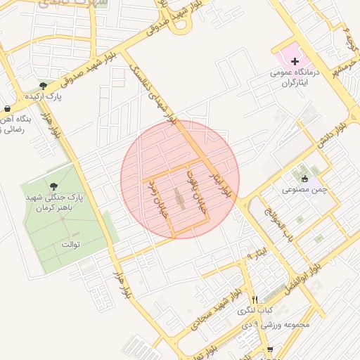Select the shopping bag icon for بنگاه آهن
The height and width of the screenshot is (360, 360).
[6, 109]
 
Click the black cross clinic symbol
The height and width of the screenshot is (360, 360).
[295, 63]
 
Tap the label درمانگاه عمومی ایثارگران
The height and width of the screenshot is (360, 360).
[295, 77]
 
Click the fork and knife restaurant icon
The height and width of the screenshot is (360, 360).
[255, 300]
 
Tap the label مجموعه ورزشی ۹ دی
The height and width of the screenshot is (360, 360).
[284, 325]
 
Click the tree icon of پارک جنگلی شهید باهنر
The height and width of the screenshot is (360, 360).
[55, 186]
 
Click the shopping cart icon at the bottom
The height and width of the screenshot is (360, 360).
[270, 349]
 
